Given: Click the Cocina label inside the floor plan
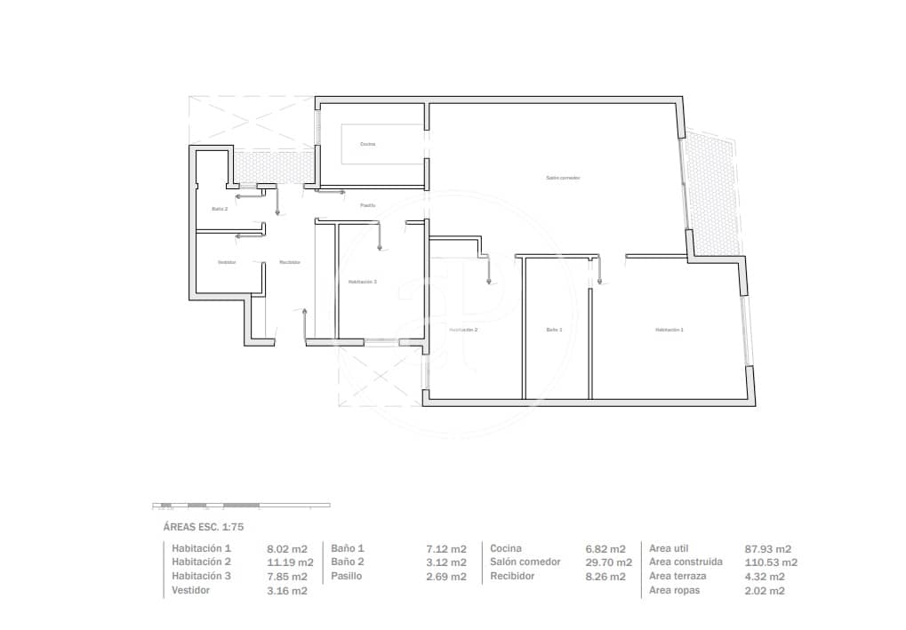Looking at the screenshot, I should point(367,144).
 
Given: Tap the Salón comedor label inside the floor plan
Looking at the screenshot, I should point(563,178).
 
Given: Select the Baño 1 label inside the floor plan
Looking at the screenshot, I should point(554,330).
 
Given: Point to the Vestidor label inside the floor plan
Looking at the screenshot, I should point(227,262).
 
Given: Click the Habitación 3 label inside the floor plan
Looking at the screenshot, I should point(362,282).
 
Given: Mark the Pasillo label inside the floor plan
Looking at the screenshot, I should point(367,205).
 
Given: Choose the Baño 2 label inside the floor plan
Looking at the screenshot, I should point(220,209).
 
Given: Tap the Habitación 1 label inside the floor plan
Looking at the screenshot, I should point(669,330).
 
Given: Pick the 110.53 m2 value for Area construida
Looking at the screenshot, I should point(770,562).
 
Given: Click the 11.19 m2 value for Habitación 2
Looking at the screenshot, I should point(290,562).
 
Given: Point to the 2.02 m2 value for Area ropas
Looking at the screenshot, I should point(764,591).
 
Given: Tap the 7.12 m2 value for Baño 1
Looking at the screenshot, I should point(446,549).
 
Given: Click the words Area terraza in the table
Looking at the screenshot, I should point(677,576).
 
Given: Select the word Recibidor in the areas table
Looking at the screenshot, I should point(512,576).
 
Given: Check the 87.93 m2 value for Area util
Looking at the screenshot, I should point(767,549).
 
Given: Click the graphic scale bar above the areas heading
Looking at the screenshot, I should point(241,505).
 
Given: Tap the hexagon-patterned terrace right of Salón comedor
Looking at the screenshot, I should point(711,191).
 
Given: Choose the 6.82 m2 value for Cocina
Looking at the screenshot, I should point(605,549).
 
